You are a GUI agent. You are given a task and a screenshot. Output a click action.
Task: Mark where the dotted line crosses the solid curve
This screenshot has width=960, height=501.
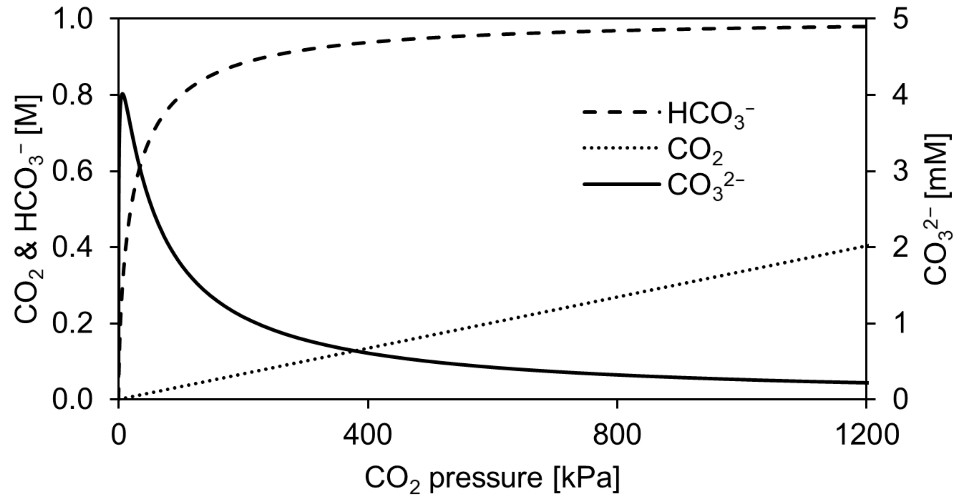coord(352,351)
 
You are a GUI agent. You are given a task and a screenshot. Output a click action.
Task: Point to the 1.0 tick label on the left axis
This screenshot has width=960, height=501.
coord(72,19)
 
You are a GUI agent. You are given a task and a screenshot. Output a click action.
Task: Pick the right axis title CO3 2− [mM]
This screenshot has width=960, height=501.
coord(936,208)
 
